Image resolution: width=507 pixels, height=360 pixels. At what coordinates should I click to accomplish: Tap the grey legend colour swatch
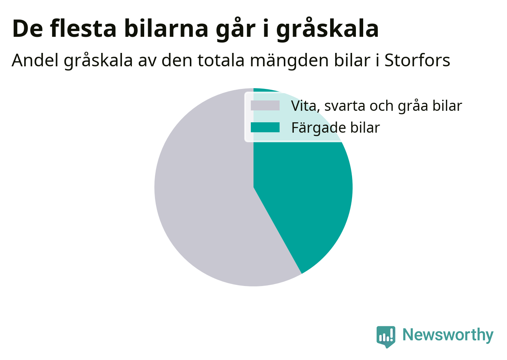click(265, 105)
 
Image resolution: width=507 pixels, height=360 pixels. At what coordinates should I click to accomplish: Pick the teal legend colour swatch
click(265, 127)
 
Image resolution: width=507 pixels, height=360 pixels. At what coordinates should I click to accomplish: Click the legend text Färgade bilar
click(336, 128)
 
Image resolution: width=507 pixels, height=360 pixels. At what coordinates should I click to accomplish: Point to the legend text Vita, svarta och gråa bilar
click(376, 106)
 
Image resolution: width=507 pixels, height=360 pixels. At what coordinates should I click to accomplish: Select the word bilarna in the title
click(166, 28)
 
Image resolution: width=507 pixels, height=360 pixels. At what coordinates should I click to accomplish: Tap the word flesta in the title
click(83, 28)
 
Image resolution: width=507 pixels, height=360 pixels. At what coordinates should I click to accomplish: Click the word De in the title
click(27, 29)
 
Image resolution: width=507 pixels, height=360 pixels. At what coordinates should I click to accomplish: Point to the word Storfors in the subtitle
click(417, 60)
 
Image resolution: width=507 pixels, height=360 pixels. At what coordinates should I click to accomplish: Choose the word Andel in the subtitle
click(35, 60)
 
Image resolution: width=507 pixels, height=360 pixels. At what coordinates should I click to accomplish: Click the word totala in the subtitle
click(221, 60)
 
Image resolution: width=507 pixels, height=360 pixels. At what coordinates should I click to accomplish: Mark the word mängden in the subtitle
click(289, 61)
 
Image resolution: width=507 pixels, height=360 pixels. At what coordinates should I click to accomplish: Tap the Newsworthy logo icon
click(386, 337)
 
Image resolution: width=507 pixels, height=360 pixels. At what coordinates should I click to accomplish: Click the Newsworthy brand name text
click(448, 334)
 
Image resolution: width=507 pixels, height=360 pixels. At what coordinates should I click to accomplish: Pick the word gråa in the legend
click(413, 106)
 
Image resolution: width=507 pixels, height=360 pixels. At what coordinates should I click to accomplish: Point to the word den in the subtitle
click(176, 60)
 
